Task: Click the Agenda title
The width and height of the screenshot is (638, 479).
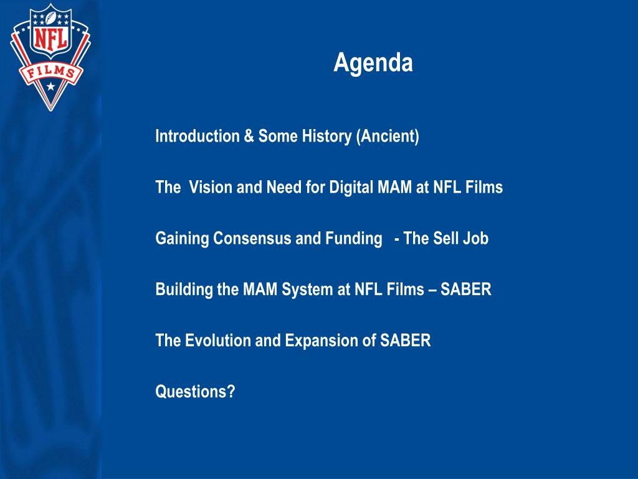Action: pos(373,63)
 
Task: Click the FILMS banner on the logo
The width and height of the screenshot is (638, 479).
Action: pos(51,74)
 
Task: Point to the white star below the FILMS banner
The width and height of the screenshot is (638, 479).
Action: pos(51,86)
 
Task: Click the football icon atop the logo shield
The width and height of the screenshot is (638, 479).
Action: pos(51,18)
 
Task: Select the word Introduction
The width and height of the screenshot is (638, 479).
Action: pos(198,135)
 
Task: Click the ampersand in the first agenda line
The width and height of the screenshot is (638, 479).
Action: pos(249,136)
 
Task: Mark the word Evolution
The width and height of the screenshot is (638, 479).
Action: pos(217,341)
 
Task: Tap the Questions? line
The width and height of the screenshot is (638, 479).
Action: pos(195,392)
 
